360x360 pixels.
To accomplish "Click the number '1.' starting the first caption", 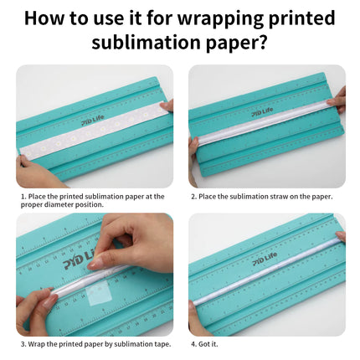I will click(23, 197).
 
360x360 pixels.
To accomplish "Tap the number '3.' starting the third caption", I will click(23, 344).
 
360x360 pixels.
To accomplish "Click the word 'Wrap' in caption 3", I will click(37, 344).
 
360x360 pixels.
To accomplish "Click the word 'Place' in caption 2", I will click(208, 197).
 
